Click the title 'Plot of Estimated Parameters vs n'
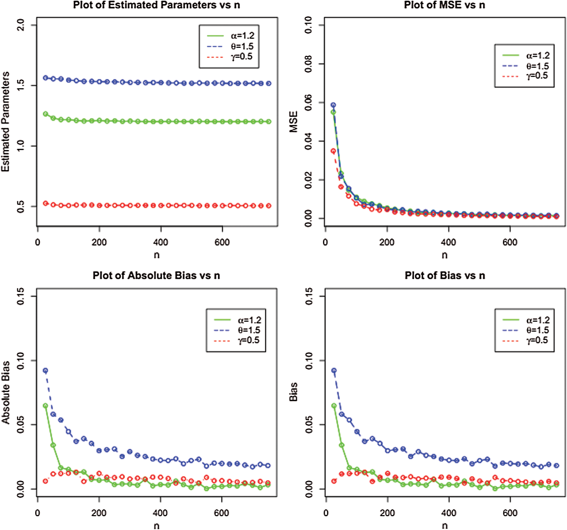[x=156, y=5]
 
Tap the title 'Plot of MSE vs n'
[x=444, y=5]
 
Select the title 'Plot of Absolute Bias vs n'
[x=156, y=275]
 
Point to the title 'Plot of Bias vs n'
[x=445, y=275]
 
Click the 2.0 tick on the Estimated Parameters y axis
[x=20, y=25]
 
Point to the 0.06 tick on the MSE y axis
[x=308, y=103]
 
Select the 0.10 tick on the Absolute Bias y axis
[x=20, y=361]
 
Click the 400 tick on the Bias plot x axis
[x=449, y=513]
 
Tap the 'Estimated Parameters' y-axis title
[x=5, y=122]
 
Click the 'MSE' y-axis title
[x=293, y=122]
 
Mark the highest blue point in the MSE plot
[x=333, y=105]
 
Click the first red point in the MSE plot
[x=333, y=151]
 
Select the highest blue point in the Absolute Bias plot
[x=45, y=371]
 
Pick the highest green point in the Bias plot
[x=334, y=406]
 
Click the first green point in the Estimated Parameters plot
[x=45, y=114]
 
